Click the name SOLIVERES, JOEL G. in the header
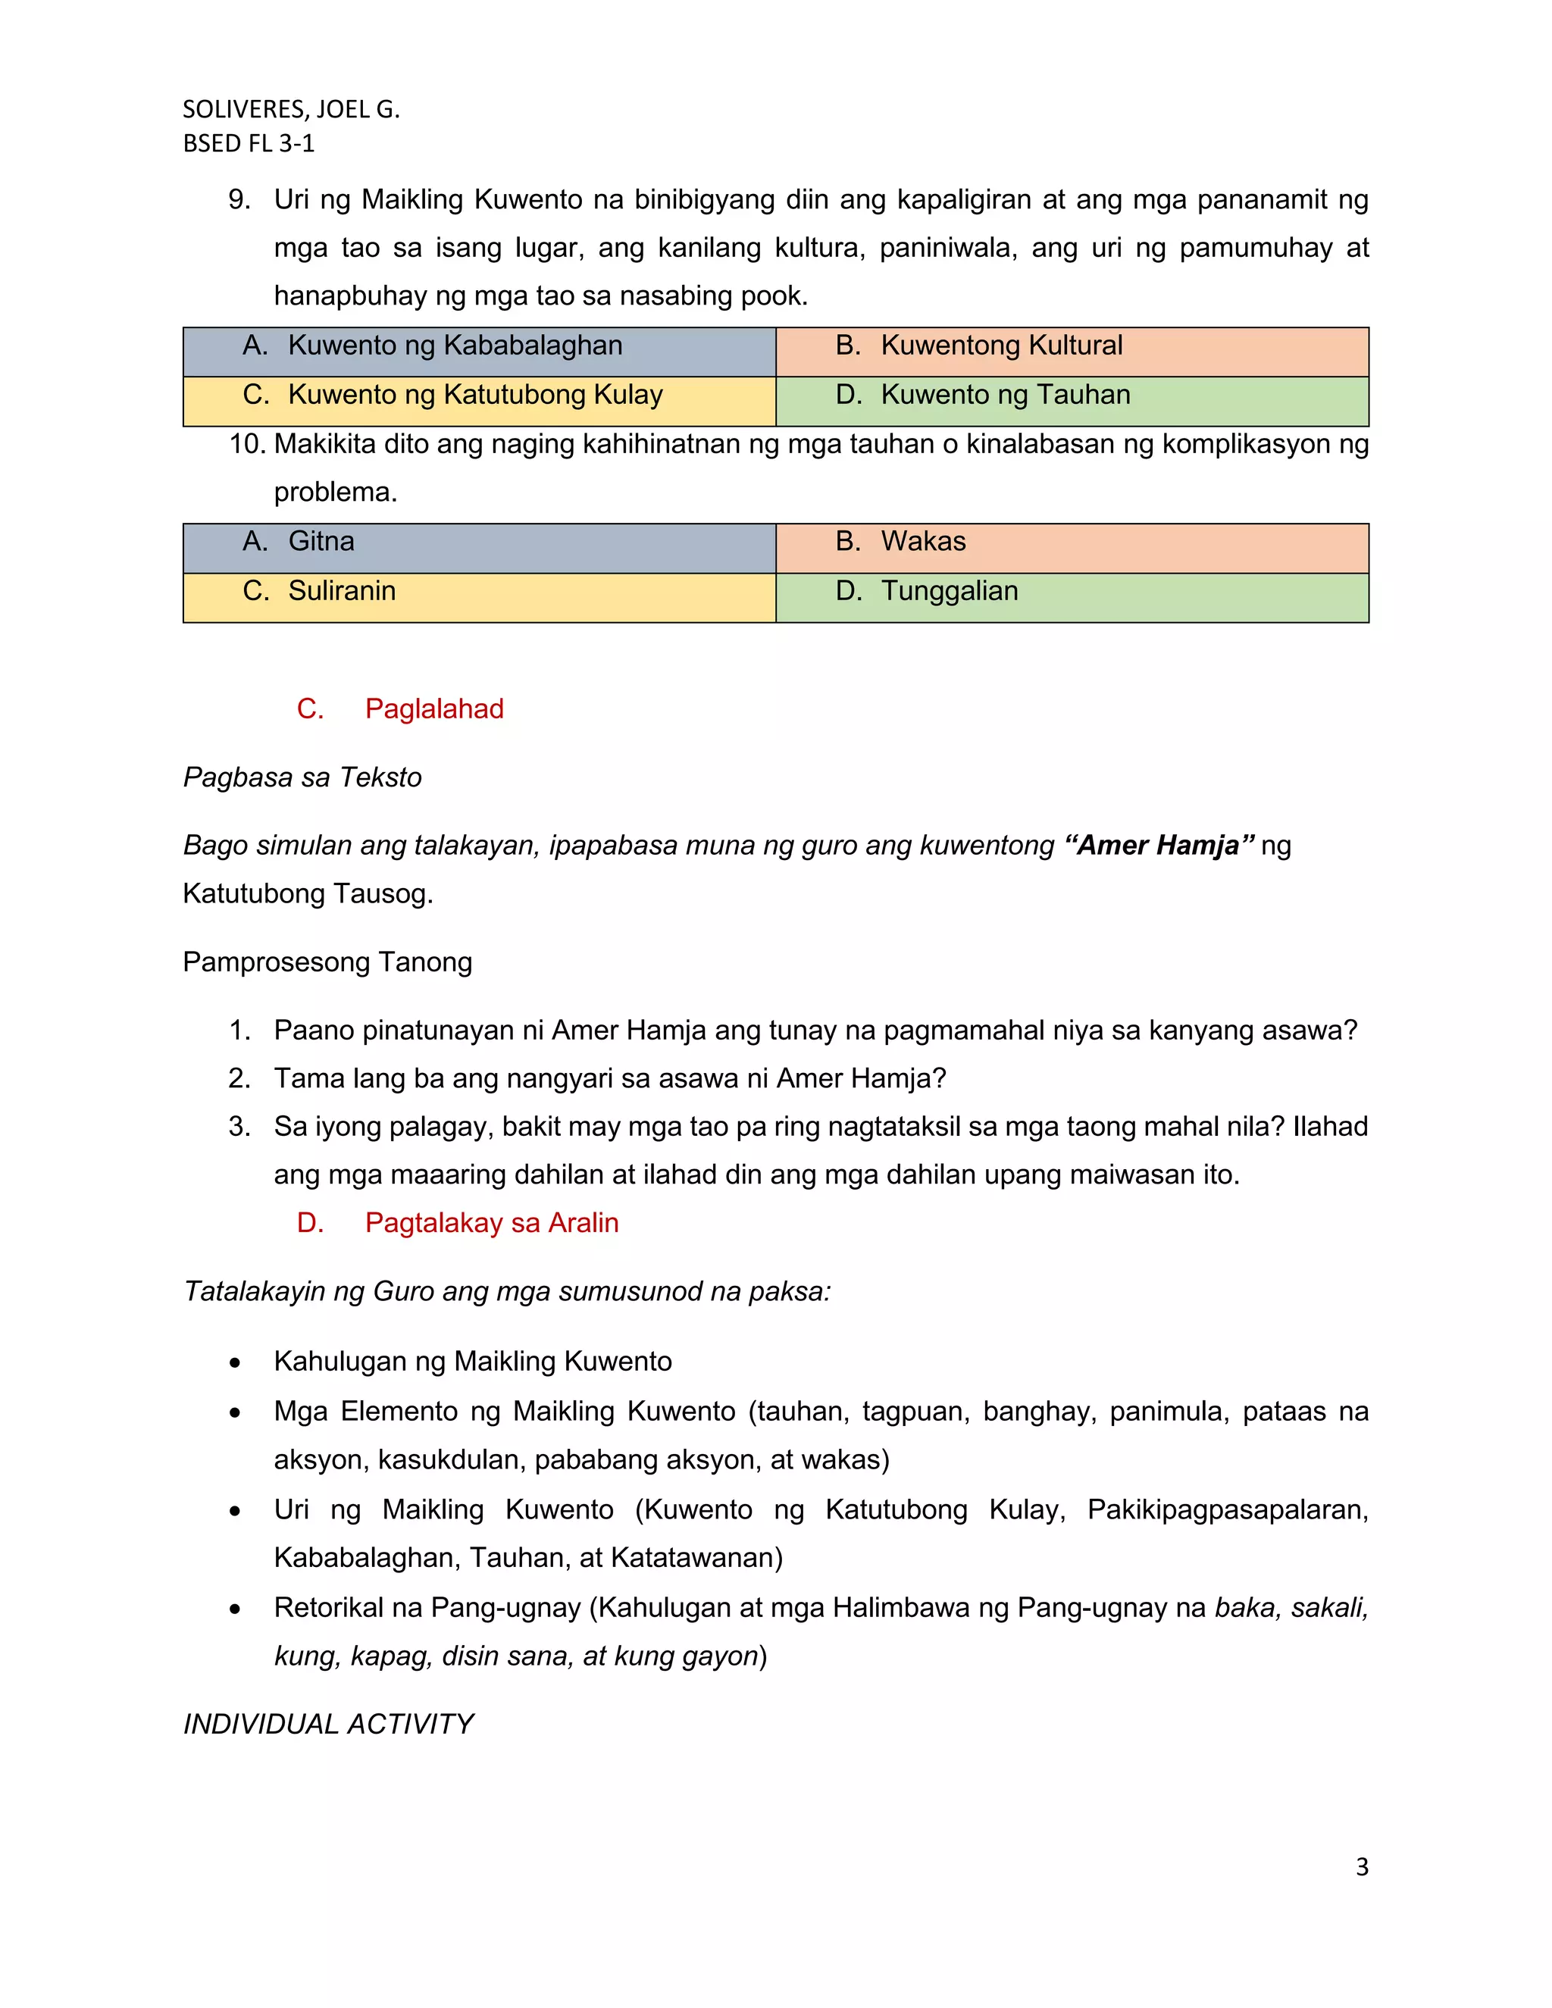coord(290,109)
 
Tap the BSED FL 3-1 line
coord(249,143)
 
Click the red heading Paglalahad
coord(434,709)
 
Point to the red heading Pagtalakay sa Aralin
coord(491,1223)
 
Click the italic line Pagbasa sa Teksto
coord(302,778)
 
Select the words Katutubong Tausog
coord(307,893)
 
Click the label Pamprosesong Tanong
coord(327,962)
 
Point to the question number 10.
coord(246,445)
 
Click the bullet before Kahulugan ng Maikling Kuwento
coord(236,1362)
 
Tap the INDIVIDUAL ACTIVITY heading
coord(328,1725)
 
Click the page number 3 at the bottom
coord(1362,1867)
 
